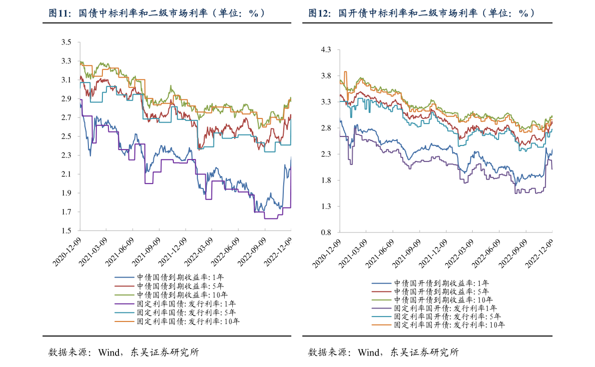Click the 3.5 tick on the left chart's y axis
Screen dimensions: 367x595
66,42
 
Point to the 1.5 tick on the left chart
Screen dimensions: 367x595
66,231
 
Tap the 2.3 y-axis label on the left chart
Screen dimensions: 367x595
66,155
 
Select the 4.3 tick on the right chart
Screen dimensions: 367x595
326,50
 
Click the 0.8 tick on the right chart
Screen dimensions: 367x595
326,232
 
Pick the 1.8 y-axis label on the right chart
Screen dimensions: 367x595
326,180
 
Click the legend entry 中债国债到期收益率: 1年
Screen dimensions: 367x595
180,277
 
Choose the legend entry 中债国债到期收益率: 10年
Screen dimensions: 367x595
182,295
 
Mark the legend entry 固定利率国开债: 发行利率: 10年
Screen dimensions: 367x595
449,324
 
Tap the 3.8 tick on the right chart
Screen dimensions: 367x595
326,76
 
